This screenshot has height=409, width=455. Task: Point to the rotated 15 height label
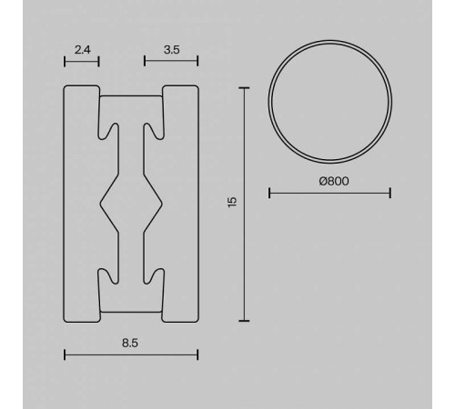pyautogui.click(x=233, y=204)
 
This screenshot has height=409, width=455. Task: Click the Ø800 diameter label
pyautogui.click(x=330, y=180)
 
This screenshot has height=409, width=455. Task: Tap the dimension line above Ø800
pyautogui.click(x=330, y=192)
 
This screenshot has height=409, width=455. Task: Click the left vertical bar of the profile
pyautogui.click(x=80, y=204)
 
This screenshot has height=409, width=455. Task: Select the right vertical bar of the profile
pyautogui.click(x=180, y=204)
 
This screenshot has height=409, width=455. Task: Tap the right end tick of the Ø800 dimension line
pyautogui.click(x=390, y=192)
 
